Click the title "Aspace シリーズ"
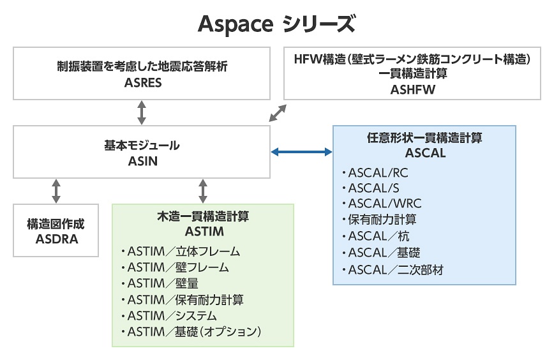click(276, 24)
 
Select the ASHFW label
click(412, 90)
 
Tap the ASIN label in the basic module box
click(142, 161)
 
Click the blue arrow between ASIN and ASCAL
click(301, 152)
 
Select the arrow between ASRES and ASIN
click(142, 112)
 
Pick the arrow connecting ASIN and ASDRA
click(56, 191)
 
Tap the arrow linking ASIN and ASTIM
click(203, 191)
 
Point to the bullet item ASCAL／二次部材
click(394, 269)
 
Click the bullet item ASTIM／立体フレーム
click(181, 251)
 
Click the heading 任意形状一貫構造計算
click(424, 138)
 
